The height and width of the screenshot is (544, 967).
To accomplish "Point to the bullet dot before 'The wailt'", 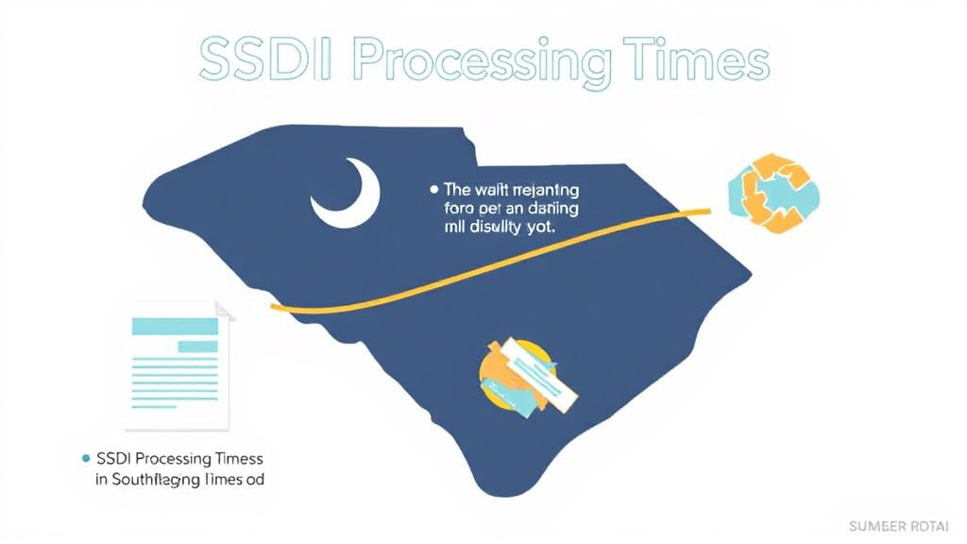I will (x=433, y=189).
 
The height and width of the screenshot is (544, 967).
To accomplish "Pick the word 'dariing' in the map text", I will (x=554, y=208).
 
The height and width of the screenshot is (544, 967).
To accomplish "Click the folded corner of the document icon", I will (x=225, y=311).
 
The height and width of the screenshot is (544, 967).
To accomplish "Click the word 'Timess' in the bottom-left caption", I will (x=236, y=458).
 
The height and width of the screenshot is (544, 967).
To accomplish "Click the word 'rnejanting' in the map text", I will (x=544, y=189).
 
